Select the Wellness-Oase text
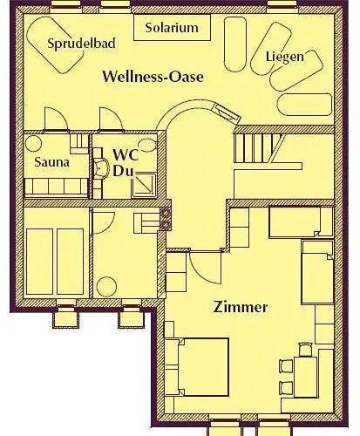(153, 77)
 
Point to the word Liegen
(284, 57)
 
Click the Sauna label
(51, 162)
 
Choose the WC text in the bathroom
(124, 154)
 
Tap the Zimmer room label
(241, 307)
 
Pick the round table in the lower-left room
(108, 286)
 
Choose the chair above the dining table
(305, 349)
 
